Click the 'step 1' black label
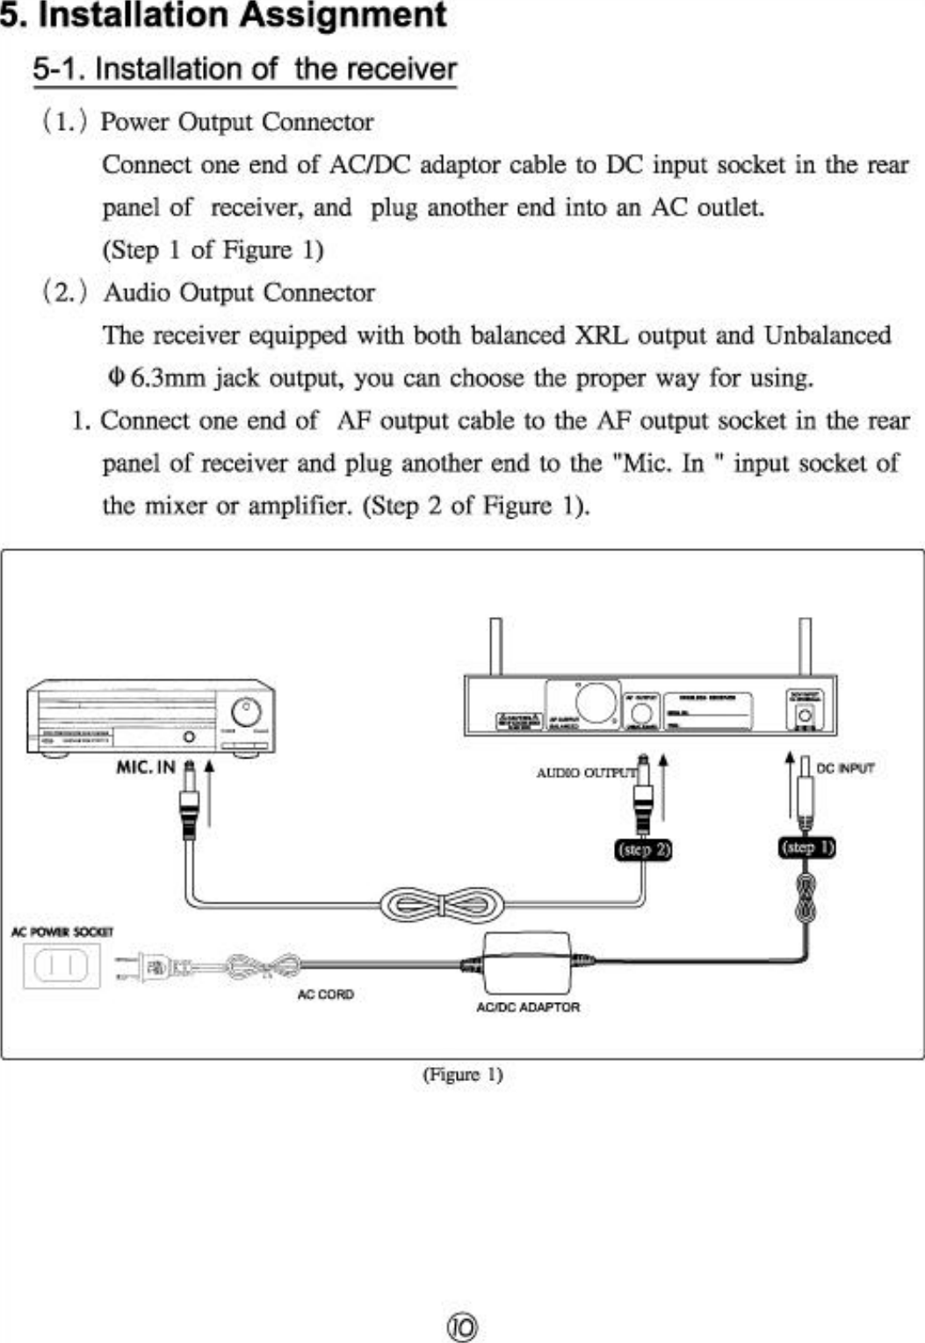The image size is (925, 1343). click(x=807, y=847)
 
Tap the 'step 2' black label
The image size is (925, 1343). click(x=644, y=849)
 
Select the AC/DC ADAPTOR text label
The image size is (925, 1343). click(x=528, y=1007)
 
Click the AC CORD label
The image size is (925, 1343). click(x=325, y=994)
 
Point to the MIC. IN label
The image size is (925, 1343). click(x=146, y=767)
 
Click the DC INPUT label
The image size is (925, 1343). click(x=845, y=768)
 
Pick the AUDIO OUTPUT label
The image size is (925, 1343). click(x=585, y=773)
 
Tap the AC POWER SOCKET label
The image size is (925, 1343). click(x=61, y=932)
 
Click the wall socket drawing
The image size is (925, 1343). click(x=61, y=966)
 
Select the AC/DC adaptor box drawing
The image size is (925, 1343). click(x=527, y=962)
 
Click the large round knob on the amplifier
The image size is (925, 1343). click(x=246, y=712)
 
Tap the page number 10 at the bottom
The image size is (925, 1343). click(x=463, y=1326)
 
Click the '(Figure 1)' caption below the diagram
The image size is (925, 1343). click(x=463, y=1074)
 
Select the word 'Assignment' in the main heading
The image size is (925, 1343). click(x=343, y=16)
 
